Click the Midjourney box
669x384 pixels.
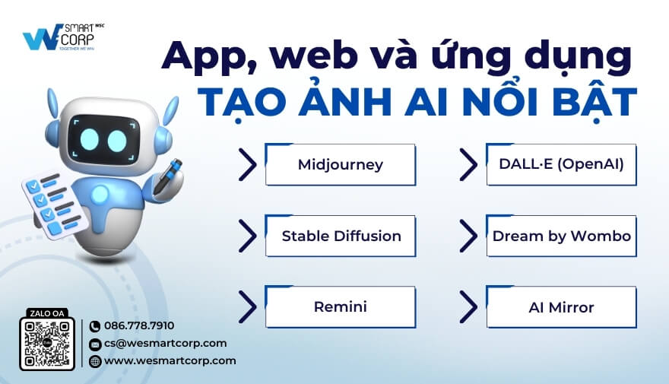340,164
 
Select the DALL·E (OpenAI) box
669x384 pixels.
561,164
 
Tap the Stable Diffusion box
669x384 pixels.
340,236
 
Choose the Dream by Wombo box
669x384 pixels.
561,236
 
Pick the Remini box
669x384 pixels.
340,307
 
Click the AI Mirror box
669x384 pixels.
561,307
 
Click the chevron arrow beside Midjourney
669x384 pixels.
247,164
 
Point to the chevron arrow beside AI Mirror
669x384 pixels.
469,307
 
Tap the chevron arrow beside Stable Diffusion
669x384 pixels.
247,236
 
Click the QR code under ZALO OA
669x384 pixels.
47,344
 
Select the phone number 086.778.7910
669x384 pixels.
138,325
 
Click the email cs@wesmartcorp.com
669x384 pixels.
165,343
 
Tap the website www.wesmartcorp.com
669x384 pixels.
170,360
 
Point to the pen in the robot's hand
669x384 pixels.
168,176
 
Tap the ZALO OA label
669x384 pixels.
47,312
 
